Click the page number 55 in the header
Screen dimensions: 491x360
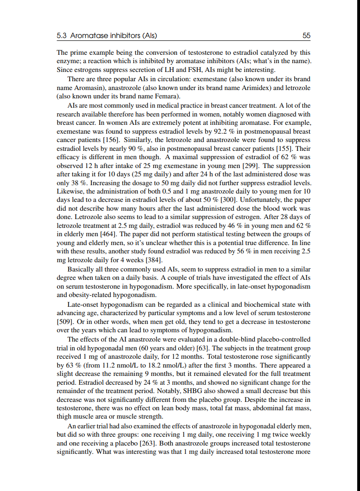tap(306, 35)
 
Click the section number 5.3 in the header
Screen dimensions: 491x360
tap(61, 35)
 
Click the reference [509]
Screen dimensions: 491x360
tap(64, 321)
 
